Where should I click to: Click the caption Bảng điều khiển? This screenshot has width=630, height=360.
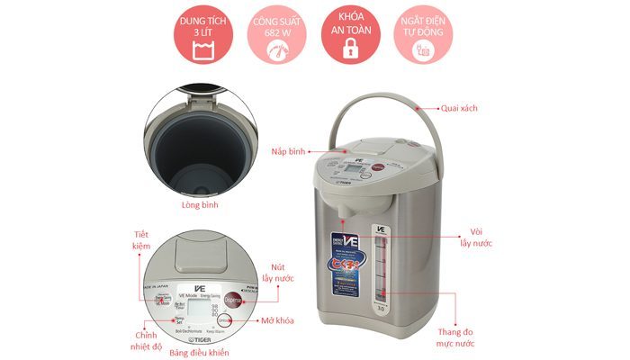tap(203, 352)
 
